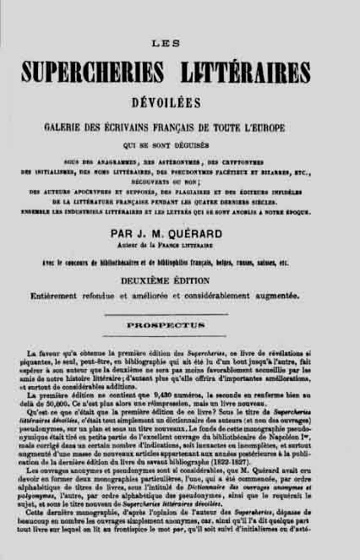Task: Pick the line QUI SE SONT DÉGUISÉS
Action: [x=180, y=144]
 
